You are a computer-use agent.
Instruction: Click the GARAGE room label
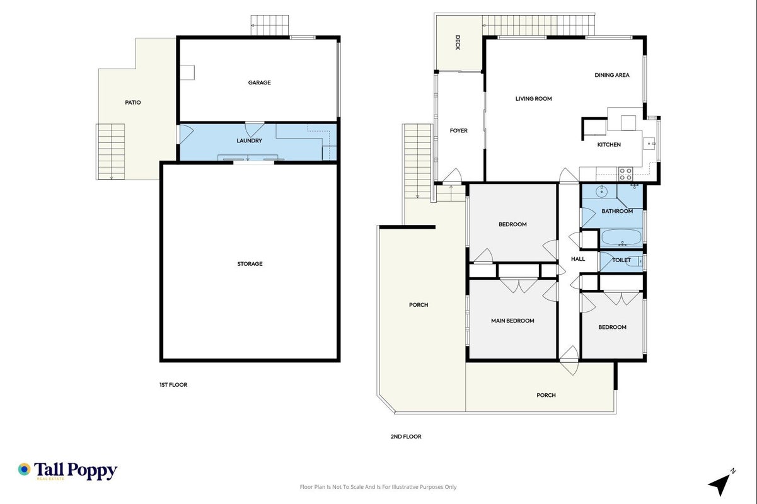click(259, 83)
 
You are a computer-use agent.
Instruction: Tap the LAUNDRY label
click(249, 140)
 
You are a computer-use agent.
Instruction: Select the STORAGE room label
click(250, 264)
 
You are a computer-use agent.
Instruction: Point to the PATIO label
click(133, 102)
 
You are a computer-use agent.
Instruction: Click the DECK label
click(458, 43)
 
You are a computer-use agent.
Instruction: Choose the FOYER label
click(459, 130)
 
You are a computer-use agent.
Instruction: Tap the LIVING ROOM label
click(533, 99)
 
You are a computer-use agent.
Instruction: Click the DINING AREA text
click(612, 75)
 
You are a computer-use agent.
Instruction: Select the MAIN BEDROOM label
click(512, 321)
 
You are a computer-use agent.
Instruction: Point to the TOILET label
click(621, 260)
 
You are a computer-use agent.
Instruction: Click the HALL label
click(578, 259)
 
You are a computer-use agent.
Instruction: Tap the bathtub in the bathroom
click(621, 238)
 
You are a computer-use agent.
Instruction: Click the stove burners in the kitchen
click(625, 174)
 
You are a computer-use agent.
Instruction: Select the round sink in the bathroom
click(601, 191)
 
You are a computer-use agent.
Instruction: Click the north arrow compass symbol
click(722, 483)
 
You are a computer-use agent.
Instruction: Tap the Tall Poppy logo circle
click(24, 469)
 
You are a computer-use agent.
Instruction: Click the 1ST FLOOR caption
click(173, 385)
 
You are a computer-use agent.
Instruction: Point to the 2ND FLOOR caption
click(406, 437)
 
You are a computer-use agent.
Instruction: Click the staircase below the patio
click(110, 152)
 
